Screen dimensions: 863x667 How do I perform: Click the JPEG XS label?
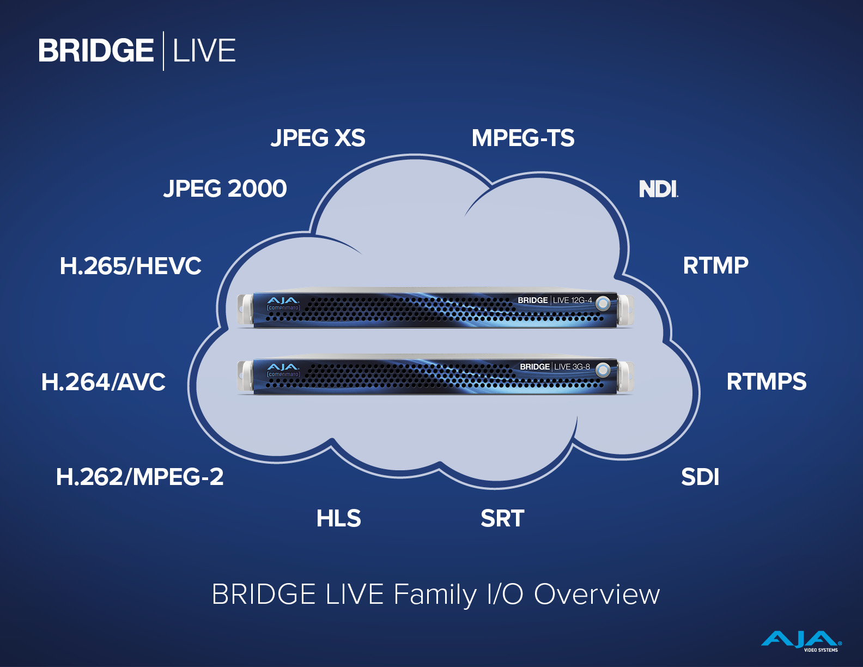pyautogui.click(x=318, y=138)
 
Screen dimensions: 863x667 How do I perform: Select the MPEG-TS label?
pyautogui.click(x=522, y=138)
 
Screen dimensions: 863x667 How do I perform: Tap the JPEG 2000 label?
pyautogui.click(x=225, y=189)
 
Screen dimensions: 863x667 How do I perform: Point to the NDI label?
pyautogui.click(x=659, y=189)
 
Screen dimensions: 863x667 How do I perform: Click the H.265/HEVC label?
pyautogui.click(x=130, y=266)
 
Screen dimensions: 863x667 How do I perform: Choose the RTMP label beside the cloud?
pyautogui.click(x=716, y=265)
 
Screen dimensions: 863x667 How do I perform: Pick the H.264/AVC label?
pyautogui.click(x=104, y=382)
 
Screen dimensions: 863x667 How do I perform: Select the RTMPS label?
pyautogui.click(x=767, y=381)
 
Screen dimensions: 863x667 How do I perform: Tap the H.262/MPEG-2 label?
pyautogui.click(x=140, y=477)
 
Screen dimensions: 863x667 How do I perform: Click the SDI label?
pyautogui.click(x=700, y=477)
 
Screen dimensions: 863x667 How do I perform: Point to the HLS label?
pyautogui.click(x=339, y=518)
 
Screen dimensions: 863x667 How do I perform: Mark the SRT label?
pyautogui.click(x=502, y=518)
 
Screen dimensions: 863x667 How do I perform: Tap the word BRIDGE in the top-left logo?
pyautogui.click(x=96, y=51)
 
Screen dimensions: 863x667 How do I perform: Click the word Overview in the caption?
pyautogui.click(x=597, y=595)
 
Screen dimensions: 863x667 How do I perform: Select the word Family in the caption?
pyautogui.click(x=434, y=595)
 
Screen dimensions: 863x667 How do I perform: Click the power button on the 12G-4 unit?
pyautogui.click(x=603, y=304)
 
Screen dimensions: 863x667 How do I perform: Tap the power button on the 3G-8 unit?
pyautogui.click(x=603, y=370)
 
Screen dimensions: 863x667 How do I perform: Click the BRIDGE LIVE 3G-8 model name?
pyautogui.click(x=555, y=366)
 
